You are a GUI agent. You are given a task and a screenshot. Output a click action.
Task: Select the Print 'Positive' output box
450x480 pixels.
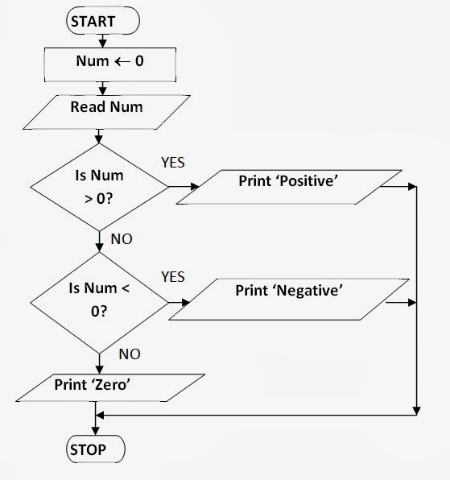click(297, 188)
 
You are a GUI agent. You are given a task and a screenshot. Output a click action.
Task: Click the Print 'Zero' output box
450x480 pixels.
click(92, 387)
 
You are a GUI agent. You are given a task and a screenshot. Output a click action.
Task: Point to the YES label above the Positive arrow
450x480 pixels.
click(172, 163)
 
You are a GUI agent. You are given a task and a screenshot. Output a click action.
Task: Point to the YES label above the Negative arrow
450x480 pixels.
click(172, 277)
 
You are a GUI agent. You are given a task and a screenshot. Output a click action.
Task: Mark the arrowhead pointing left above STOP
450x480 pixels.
click(100, 416)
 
